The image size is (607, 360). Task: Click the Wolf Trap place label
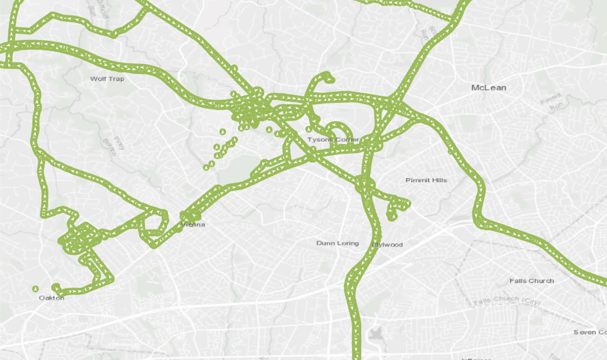pos(107,79)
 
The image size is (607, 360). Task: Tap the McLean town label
pos(488,87)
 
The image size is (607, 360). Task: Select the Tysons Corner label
pos(333,139)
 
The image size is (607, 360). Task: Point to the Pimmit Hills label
pos(426,180)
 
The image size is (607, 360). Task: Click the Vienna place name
pos(193,225)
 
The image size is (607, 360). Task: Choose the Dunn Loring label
pos(337,243)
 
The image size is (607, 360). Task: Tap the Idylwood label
pos(388,244)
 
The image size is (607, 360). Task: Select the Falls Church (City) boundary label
pos(507,301)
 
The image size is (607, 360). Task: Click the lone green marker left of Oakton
pos(35,288)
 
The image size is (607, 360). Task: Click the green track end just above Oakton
pos(55,287)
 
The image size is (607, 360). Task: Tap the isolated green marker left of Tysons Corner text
pos(309,129)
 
